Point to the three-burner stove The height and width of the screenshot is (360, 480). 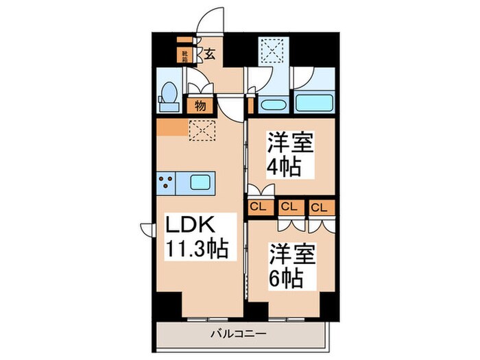[x=167, y=182]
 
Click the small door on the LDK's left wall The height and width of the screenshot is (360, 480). [x=146, y=228]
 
